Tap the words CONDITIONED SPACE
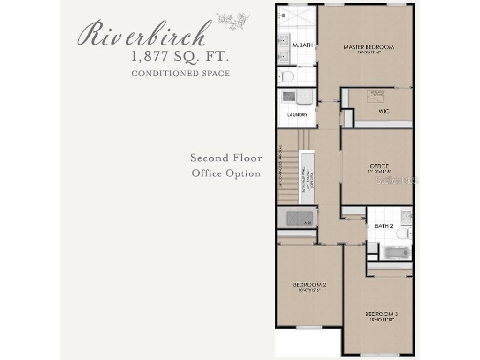click(x=180, y=74)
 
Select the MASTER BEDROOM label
click(x=368, y=47)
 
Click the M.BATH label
click(x=302, y=45)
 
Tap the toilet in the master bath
click(x=286, y=76)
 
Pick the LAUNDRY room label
click(x=297, y=115)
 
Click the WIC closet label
click(x=384, y=112)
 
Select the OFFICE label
click(x=379, y=166)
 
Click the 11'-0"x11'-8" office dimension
click(x=379, y=172)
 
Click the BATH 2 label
click(x=384, y=226)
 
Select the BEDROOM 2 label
click(x=309, y=285)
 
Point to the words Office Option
click(x=226, y=173)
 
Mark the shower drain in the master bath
click(x=284, y=15)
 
